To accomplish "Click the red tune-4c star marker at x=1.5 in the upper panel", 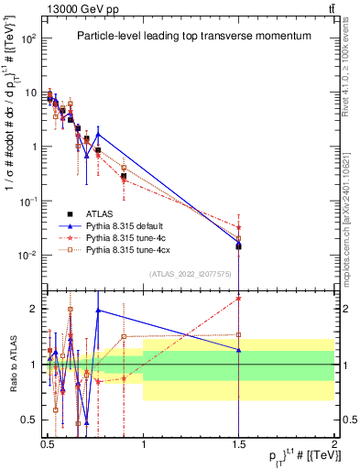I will point(238,227).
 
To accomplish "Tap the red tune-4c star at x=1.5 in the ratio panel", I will point(238,298).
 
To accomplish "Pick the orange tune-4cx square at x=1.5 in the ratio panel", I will point(238,335).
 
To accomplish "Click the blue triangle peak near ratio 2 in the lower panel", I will point(98,310).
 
